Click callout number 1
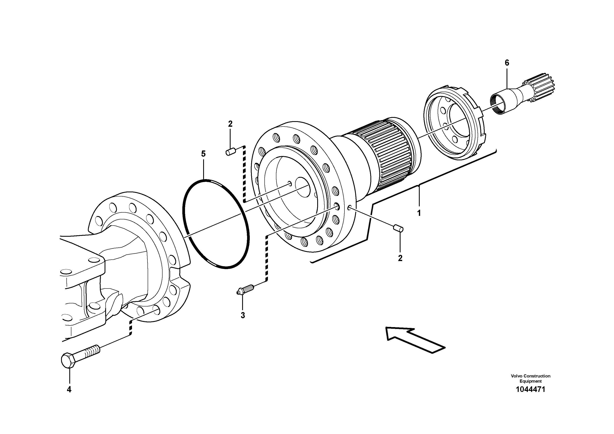click(419, 213)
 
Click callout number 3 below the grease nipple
click(243, 316)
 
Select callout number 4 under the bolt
click(69, 390)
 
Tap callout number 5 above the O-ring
click(203, 154)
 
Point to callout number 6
click(507, 63)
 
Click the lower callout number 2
click(400, 258)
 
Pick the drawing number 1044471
click(530, 389)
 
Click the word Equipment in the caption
click(530, 381)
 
